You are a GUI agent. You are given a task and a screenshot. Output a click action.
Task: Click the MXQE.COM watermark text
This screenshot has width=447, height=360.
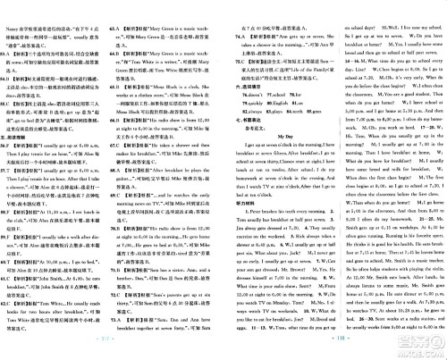tap(419, 351)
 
